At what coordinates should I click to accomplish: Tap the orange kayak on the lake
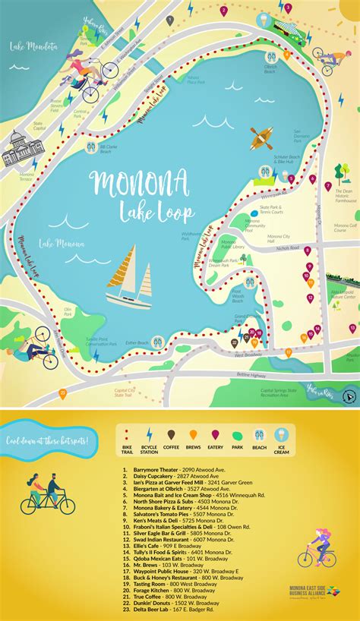261,138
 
